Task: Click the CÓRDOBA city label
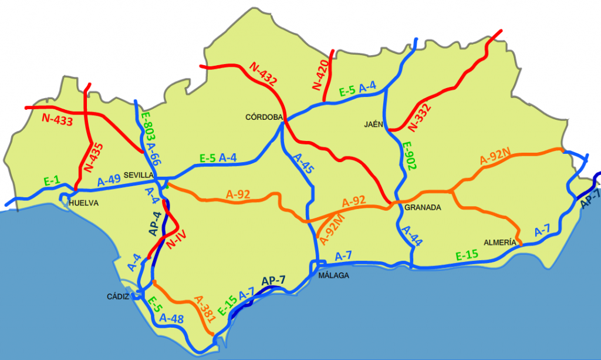pyautogui.click(x=264, y=117)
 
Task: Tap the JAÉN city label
pyautogui.click(x=373, y=125)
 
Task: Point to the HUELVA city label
pyautogui.click(x=83, y=203)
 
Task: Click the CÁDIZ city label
pyautogui.click(x=118, y=296)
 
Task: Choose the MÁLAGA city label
pyautogui.click(x=333, y=275)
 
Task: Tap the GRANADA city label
pyautogui.click(x=423, y=207)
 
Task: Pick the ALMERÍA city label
pyautogui.click(x=500, y=242)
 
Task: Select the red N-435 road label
pyautogui.click(x=93, y=157)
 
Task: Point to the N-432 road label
pyautogui.click(x=262, y=75)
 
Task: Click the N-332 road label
pyautogui.click(x=419, y=117)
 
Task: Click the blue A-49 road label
pyautogui.click(x=109, y=180)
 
